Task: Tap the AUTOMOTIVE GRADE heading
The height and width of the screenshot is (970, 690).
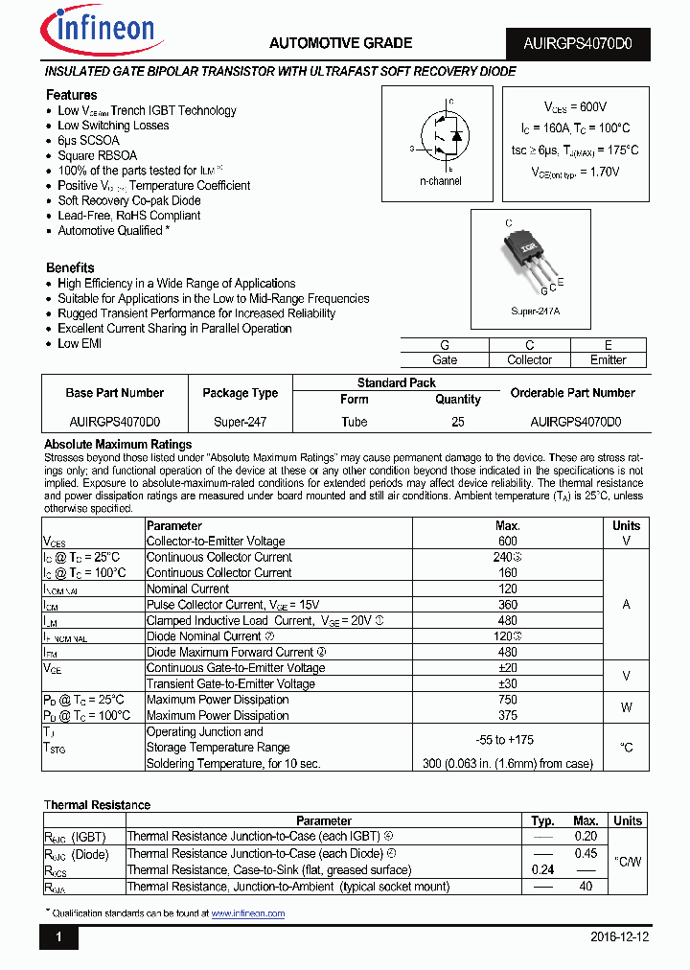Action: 340,43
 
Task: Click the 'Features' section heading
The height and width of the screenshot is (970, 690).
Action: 72,95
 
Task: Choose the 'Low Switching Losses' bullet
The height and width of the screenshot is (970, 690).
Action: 113,126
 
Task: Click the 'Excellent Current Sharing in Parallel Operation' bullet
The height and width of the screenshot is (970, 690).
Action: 174,329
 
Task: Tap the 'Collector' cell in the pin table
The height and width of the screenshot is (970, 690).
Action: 529,360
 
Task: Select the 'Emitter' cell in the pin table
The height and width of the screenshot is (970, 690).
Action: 608,360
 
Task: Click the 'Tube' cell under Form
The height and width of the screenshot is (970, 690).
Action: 355,422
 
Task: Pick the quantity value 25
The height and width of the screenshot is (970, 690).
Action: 457,422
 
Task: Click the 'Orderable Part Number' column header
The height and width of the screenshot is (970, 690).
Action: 572,393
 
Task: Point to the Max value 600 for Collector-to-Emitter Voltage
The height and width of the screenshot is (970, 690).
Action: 507,542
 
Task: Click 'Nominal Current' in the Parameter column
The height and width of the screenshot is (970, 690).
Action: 188,589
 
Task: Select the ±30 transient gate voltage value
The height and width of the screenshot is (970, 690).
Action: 507,684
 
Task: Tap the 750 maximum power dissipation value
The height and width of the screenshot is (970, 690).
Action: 507,700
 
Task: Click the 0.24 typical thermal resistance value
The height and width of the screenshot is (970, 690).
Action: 543,870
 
